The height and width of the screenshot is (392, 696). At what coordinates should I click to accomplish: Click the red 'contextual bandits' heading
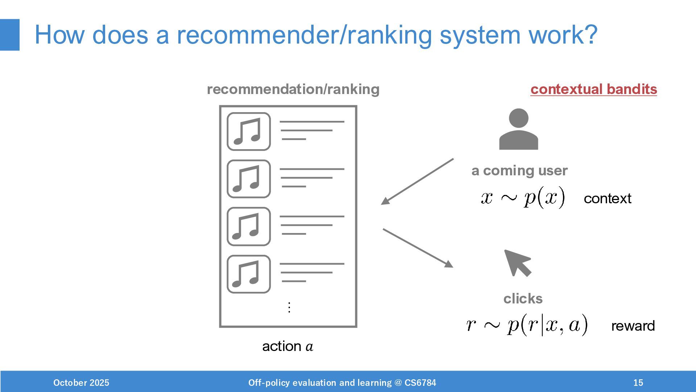click(x=593, y=89)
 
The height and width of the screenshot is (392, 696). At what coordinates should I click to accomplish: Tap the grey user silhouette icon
click(x=518, y=130)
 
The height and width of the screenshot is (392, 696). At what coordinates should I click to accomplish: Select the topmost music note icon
click(x=249, y=131)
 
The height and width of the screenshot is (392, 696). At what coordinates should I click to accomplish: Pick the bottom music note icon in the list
click(x=249, y=274)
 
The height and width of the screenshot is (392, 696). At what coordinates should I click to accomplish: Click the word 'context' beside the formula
click(x=608, y=199)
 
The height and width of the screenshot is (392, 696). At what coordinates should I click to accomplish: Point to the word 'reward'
click(x=633, y=326)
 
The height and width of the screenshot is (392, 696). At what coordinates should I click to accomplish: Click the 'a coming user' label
click(x=519, y=171)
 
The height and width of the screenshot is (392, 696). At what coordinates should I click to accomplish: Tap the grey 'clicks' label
click(x=523, y=299)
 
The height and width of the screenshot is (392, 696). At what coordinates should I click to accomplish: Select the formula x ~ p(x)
click(x=523, y=198)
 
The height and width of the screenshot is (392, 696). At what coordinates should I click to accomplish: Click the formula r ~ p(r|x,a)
click(x=527, y=324)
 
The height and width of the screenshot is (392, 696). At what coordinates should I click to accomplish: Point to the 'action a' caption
click(x=287, y=346)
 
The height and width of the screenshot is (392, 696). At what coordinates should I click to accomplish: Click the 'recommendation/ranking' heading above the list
click(x=293, y=89)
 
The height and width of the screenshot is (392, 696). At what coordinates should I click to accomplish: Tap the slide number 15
click(x=638, y=383)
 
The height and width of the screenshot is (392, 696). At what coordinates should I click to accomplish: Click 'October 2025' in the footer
click(x=81, y=383)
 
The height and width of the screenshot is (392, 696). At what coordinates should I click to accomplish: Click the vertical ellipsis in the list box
click(x=289, y=307)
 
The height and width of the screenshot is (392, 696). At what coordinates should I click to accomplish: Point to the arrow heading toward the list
click(x=417, y=181)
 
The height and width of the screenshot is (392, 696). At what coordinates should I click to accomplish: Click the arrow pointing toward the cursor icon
click(x=418, y=248)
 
